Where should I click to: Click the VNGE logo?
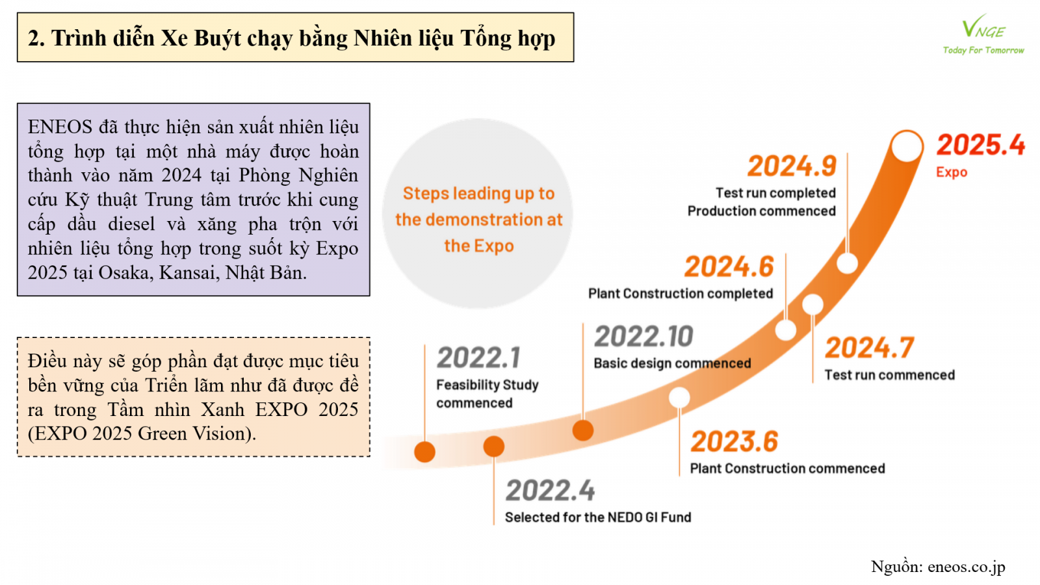(x=983, y=34)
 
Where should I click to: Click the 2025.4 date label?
(x=981, y=145)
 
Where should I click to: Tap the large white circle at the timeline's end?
(x=907, y=146)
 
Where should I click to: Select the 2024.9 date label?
(x=792, y=166)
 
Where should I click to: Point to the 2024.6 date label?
(x=729, y=266)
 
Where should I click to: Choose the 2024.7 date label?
(x=869, y=348)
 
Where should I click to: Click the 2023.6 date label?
(x=734, y=441)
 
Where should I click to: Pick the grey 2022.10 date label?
(x=643, y=336)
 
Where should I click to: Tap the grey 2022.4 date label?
(x=550, y=490)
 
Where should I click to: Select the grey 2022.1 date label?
(x=478, y=357)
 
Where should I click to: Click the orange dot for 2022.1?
(x=424, y=452)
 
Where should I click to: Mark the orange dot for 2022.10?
(x=582, y=430)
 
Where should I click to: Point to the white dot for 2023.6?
(x=679, y=397)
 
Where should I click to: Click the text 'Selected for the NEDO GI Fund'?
(x=598, y=517)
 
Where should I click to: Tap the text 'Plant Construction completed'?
(x=681, y=293)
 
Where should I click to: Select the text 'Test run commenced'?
(x=890, y=374)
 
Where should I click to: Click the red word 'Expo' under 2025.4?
(x=952, y=172)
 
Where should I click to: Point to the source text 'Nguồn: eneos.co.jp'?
(x=938, y=567)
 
